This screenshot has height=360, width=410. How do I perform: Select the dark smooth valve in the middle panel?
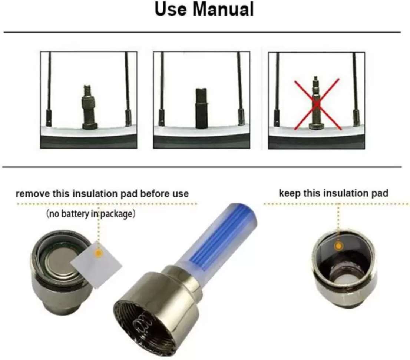coord(201,109)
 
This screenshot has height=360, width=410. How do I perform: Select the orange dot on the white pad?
coord(98,253)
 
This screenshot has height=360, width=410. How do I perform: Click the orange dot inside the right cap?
coord(338,246)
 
